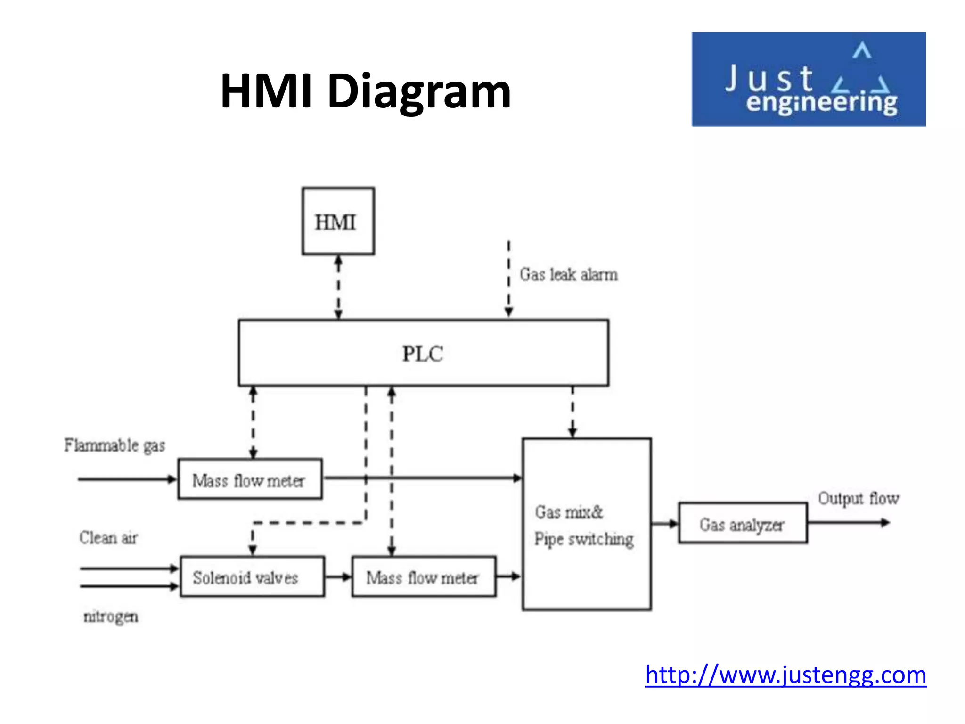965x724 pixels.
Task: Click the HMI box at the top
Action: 338,221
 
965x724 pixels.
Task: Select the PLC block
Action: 423,353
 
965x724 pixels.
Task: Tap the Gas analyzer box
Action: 743,523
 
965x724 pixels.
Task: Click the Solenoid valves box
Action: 252,577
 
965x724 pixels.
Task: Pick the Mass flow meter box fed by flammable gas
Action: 250,479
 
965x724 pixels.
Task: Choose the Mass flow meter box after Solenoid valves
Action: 424,577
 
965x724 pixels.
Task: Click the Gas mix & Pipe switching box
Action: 587,524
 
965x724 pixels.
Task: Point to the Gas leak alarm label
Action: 568,274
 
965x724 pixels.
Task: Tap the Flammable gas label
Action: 114,445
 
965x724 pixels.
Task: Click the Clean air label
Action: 108,537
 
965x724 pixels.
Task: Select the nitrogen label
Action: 111,616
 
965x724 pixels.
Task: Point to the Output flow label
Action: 858,498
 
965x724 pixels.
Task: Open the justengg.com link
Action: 785,675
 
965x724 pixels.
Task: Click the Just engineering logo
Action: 808,79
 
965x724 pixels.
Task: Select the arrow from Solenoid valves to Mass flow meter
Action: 338,577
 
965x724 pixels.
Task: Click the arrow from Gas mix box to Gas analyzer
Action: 664,523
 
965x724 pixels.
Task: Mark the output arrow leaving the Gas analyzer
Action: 848,522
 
